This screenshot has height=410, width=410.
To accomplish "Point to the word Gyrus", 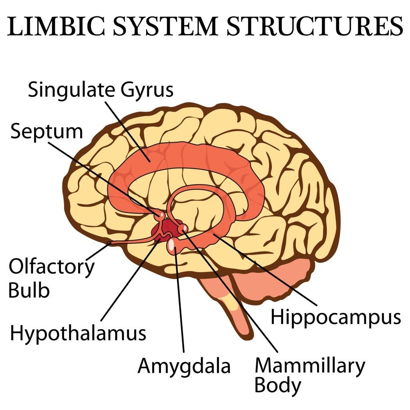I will tap(145, 90).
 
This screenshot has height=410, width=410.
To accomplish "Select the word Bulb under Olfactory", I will tap(29, 290).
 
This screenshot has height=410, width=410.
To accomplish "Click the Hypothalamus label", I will tap(78, 333).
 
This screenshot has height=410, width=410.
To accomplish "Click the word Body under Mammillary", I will tap(277, 386).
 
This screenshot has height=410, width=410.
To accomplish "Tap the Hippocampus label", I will tap(336, 317).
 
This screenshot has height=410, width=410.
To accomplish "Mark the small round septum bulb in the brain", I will tap(161, 215).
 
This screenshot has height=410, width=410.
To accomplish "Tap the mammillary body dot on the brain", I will tap(183, 228).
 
